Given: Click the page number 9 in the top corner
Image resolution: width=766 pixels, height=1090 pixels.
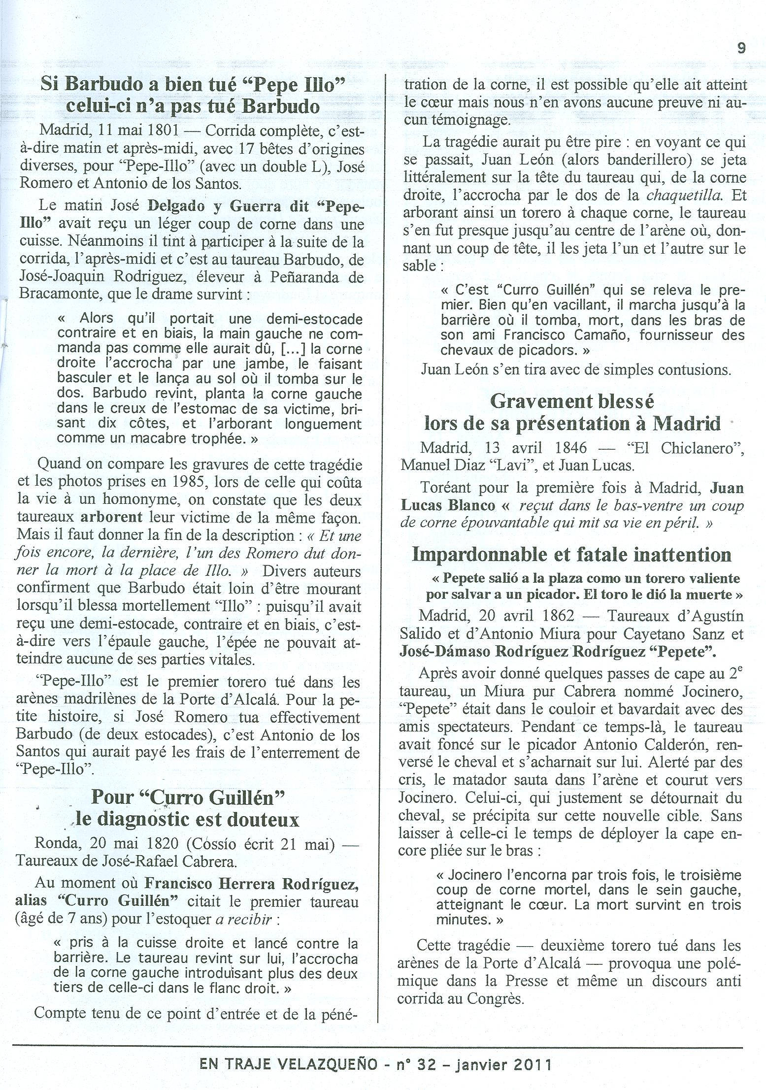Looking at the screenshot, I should (741, 48).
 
